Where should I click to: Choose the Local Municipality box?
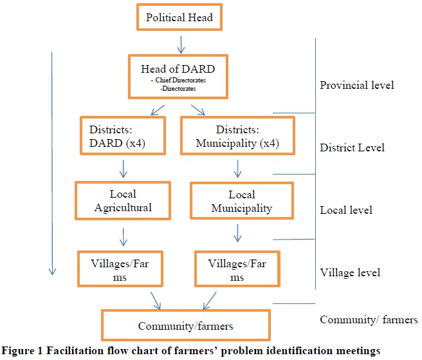pyautogui.click(x=241, y=201)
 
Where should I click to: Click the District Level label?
pyautogui.click(x=352, y=147)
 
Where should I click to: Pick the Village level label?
pyautogui.click(x=350, y=272)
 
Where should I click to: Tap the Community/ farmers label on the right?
pyautogui.click(x=369, y=319)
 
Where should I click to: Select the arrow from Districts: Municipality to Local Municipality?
pyautogui.click(x=239, y=169)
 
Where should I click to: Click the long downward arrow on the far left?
pyautogui.click(x=51, y=161)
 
